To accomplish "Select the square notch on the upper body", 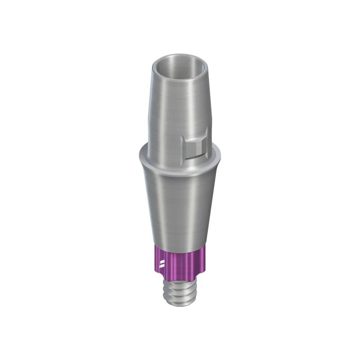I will point(194,143).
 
